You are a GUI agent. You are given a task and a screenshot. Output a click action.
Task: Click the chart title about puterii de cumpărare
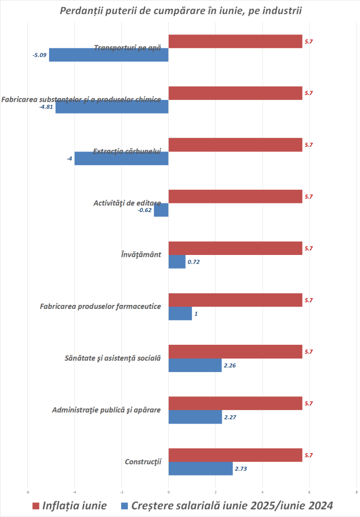point(180,11)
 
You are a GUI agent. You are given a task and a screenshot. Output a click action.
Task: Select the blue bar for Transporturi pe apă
point(109,55)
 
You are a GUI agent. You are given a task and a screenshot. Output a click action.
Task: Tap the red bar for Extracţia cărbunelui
point(235,145)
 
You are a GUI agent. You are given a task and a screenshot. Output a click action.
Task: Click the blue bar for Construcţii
point(200,469)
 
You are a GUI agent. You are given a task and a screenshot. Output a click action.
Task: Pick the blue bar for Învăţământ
point(177,262)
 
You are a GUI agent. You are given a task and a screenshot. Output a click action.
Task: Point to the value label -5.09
point(39,55)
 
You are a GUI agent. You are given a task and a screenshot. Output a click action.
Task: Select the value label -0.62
point(145,210)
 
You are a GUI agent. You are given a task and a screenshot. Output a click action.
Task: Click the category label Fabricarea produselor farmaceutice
point(100,306)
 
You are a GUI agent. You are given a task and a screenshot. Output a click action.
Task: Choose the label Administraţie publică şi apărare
point(106,409)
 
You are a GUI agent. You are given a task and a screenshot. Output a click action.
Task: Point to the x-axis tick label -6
point(28,493)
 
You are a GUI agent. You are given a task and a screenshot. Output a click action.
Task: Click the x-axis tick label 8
point(356,493)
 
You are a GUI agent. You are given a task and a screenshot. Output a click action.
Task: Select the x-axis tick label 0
point(169,493)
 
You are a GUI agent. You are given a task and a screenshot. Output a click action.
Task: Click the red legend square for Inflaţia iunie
point(35,506)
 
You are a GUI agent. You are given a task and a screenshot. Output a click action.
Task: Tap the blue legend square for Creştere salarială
point(125,506)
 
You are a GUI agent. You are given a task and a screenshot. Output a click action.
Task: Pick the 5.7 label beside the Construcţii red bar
point(309,455)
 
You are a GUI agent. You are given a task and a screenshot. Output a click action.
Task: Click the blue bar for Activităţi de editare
point(161,210)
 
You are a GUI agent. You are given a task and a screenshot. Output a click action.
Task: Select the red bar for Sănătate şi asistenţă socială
point(235,351)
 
